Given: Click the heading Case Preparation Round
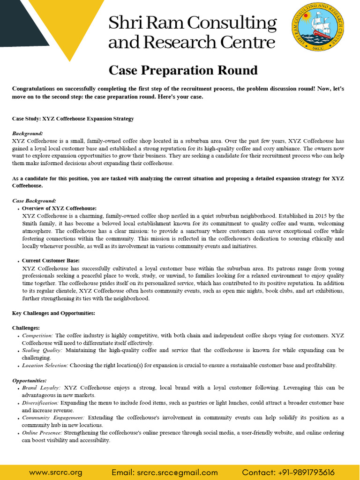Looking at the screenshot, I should pyautogui.click(x=183, y=70).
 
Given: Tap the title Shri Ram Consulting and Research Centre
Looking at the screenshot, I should pyautogui.click(x=192, y=32).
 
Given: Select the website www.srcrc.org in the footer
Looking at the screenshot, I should pyautogui.click(x=55, y=472).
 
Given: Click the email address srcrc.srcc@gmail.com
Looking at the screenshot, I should pyautogui.click(x=165, y=472).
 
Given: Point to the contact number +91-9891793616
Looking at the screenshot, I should pyautogui.click(x=288, y=472).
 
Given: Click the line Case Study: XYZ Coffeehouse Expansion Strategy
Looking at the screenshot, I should pyautogui.click(x=73, y=119).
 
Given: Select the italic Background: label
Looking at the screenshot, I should pyautogui.click(x=27, y=134).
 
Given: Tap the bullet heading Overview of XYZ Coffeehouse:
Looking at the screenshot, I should pyautogui.click(x=59, y=208).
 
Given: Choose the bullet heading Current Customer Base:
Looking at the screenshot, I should pyautogui.click(x=51, y=261).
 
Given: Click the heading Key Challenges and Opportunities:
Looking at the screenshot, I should pyautogui.click(x=53, y=313).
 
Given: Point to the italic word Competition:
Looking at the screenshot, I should pyautogui.click(x=37, y=336).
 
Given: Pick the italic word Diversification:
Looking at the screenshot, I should pyautogui.click(x=40, y=403).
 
